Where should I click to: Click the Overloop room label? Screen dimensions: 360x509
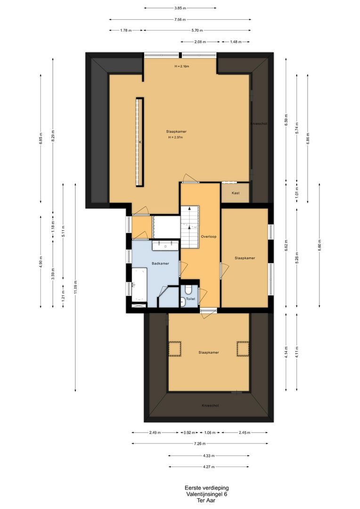208,237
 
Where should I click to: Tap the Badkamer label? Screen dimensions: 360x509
160,263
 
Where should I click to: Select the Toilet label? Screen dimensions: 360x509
190,299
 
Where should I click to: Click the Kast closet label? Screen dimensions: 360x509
236,193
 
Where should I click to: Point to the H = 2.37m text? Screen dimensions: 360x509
176,137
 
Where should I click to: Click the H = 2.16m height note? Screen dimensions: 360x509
182,66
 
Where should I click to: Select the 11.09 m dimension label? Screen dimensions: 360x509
75,287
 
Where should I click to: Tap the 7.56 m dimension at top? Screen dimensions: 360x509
180,20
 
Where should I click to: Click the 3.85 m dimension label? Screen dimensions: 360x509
180,8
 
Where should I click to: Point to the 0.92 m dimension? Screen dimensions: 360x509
189,432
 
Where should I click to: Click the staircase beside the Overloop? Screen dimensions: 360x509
189,227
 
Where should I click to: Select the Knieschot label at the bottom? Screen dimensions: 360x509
210,406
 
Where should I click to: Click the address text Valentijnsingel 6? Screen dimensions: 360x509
207,494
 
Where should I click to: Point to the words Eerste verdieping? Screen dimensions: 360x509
207,488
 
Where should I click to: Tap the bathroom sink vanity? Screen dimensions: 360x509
165,246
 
